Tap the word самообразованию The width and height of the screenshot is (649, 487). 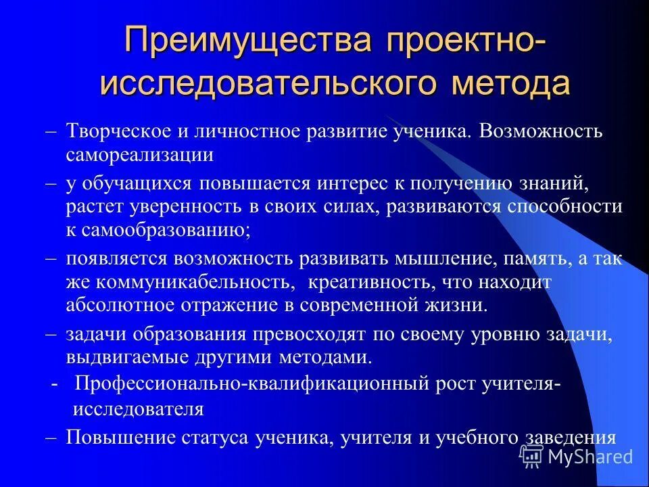pos(166,229)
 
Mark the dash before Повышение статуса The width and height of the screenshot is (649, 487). pos(51,437)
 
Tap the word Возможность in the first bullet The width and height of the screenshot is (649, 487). pos(534,131)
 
